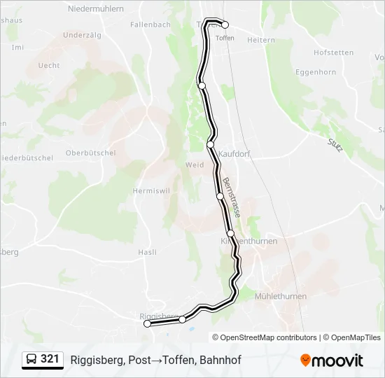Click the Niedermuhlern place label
pyautogui.click(x=96, y=8)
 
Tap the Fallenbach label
pyautogui.click(x=150, y=24)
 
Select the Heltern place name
pyautogui.click(x=261, y=41)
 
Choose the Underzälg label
pyautogui.click(x=82, y=34)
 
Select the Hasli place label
pyautogui.click(x=147, y=252)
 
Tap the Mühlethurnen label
pyautogui.click(x=281, y=296)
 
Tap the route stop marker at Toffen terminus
pyautogui.click(x=225, y=25)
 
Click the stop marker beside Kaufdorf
pyautogui.click(x=211, y=144)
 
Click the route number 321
pyautogui.click(x=50, y=359)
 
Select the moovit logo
pyautogui.click(x=332, y=360)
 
